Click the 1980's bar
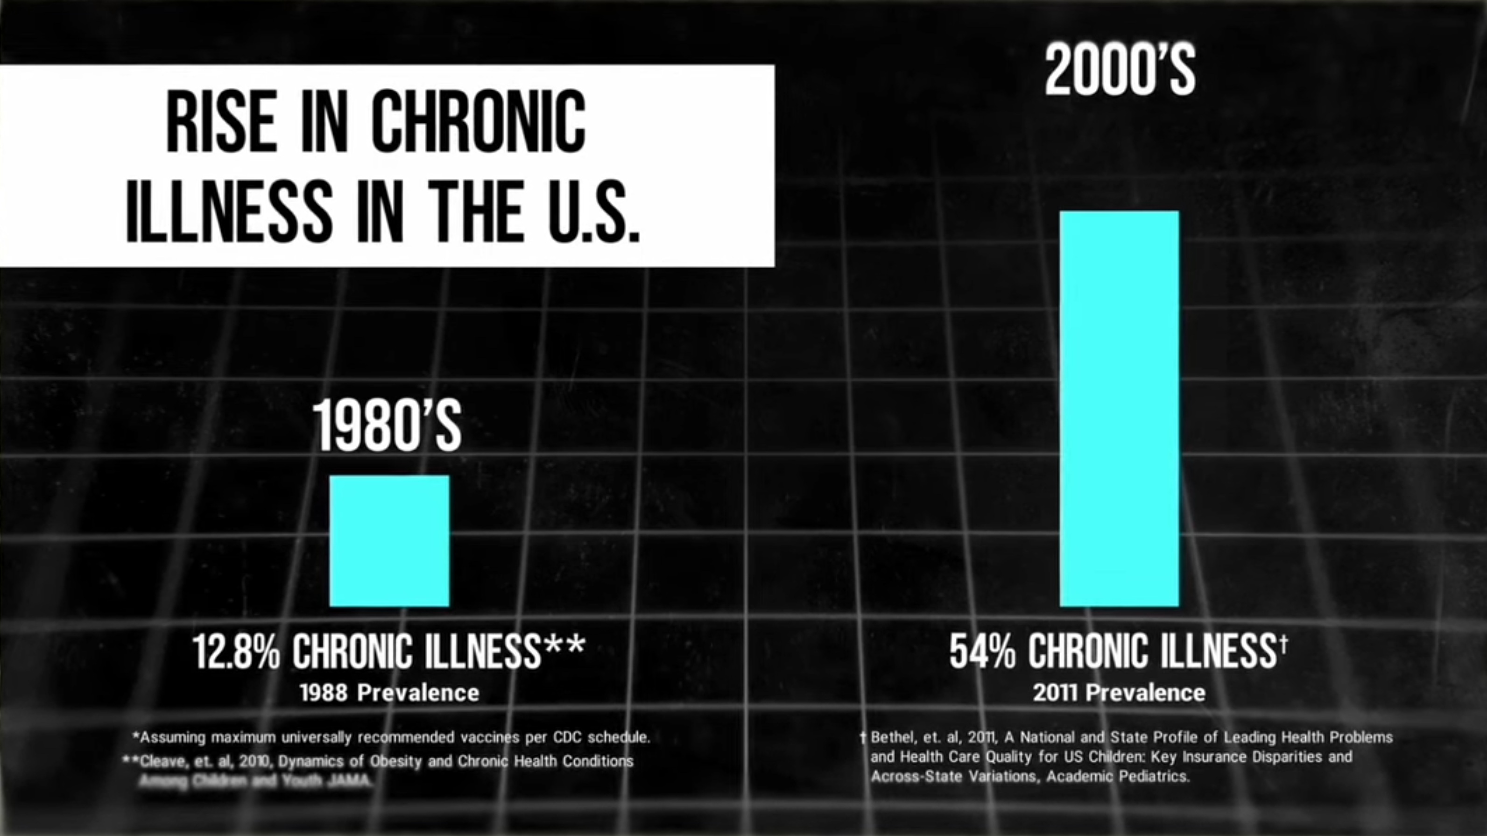[x=389, y=541]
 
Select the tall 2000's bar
[x=1119, y=409]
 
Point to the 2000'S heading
[x=1120, y=71]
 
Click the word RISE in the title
[x=221, y=123]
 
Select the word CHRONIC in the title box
[x=479, y=123]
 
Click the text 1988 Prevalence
[x=389, y=693]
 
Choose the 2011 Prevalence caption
[x=1119, y=693]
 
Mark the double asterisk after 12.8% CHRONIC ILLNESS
[x=564, y=643]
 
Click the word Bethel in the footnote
[x=891, y=737]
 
